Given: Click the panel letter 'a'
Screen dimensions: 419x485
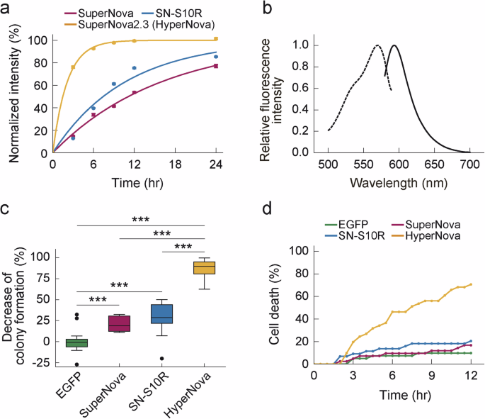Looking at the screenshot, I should pos(6,8).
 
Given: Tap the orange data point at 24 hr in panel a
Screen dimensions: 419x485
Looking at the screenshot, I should pos(216,39).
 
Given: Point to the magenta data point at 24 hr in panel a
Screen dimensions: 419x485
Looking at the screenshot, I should pos(216,66).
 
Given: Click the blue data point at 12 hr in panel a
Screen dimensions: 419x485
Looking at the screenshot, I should pos(134,68).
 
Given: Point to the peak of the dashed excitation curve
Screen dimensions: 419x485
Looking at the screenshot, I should pos(377,46).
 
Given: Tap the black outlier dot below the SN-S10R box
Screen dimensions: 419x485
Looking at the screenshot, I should pos(163,359).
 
